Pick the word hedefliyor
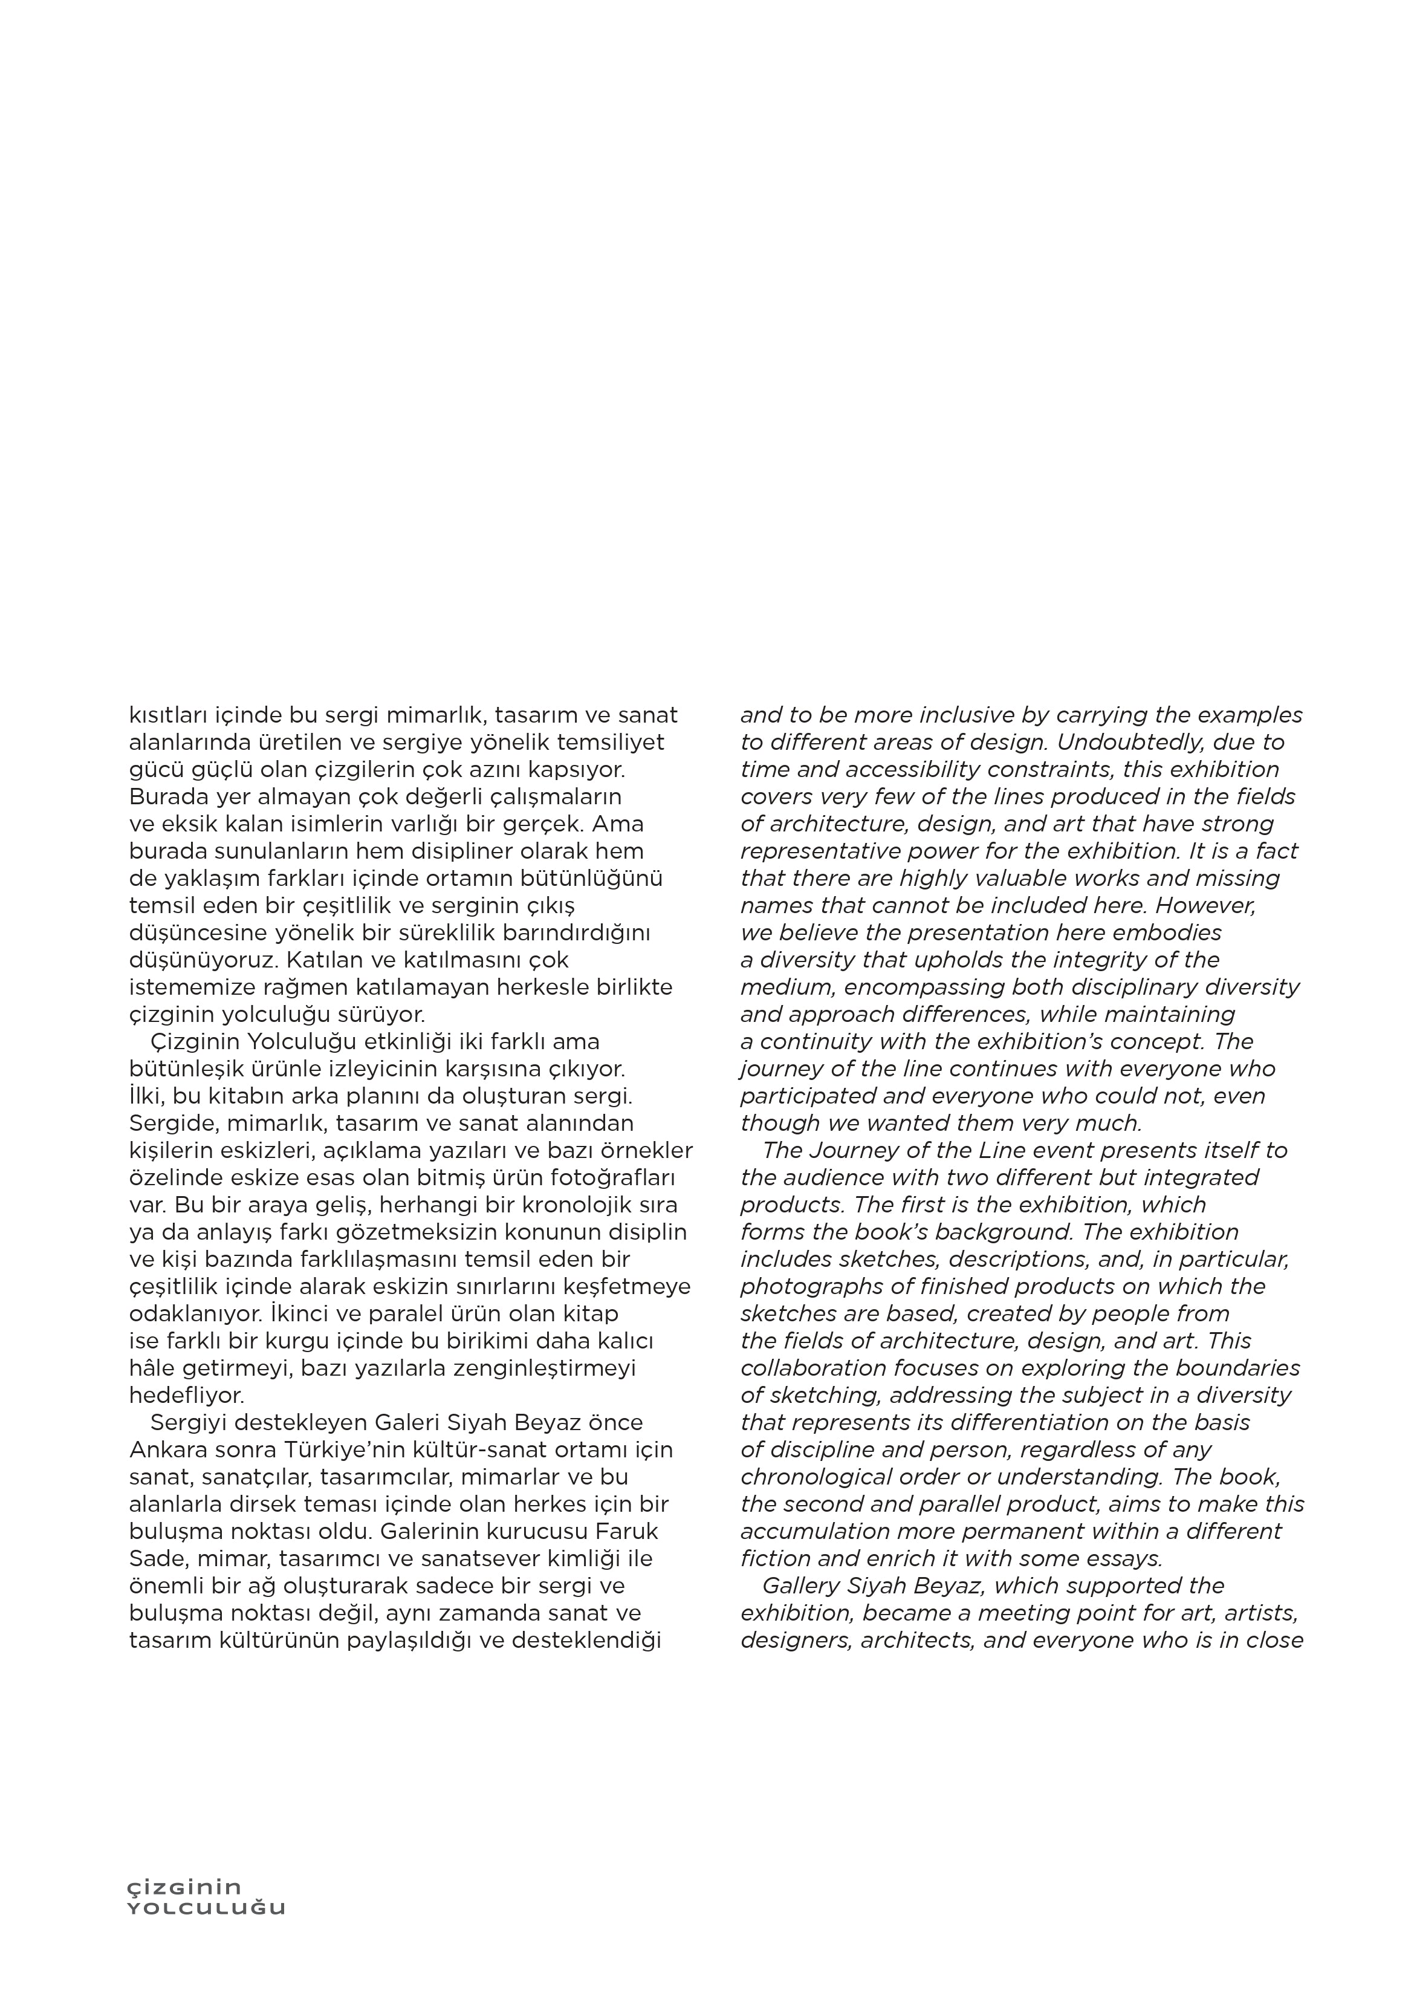point(186,1395)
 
